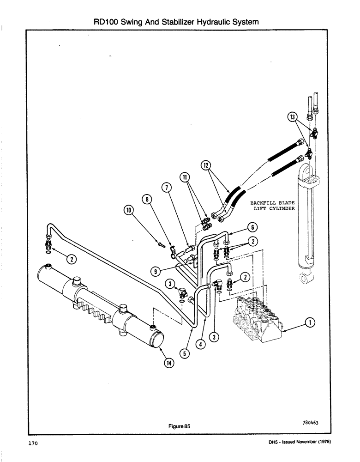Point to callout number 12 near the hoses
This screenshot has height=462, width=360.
click(x=206, y=164)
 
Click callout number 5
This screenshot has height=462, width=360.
click(x=185, y=353)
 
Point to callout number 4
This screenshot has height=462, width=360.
click(x=199, y=344)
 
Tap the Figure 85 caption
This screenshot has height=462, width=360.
click(x=179, y=426)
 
